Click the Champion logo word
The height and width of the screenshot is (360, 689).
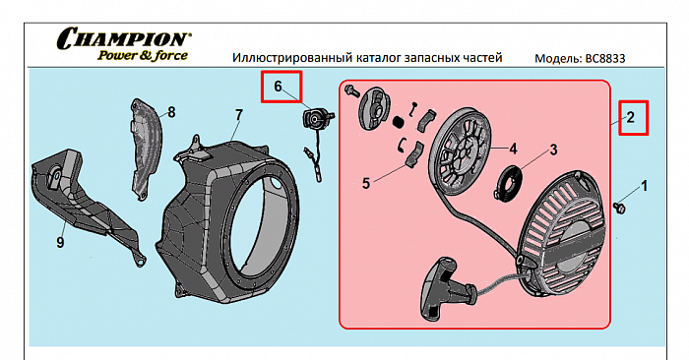[x=123, y=38]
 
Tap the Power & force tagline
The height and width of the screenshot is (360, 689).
[x=143, y=56]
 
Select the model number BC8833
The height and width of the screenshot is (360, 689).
[x=605, y=59]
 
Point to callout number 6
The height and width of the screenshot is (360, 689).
[x=278, y=87]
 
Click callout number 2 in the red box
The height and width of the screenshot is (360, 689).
[x=631, y=117]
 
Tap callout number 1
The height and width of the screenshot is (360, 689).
[x=645, y=186]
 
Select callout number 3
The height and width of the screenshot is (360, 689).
[x=553, y=150]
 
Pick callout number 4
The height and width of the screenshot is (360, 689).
[x=513, y=150]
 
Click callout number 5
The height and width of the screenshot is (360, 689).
[x=366, y=183]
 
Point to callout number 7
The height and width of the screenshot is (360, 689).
[x=238, y=115]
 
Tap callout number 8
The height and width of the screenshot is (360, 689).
[x=171, y=112]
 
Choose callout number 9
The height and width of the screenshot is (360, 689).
[x=60, y=242]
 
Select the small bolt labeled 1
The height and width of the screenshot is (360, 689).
[x=619, y=208]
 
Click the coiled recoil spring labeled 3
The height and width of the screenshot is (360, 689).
[x=509, y=182]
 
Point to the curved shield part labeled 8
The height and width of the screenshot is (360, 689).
[x=147, y=150]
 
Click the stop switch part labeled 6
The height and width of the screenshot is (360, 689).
[x=316, y=119]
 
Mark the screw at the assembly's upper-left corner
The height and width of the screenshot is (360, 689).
[x=352, y=90]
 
